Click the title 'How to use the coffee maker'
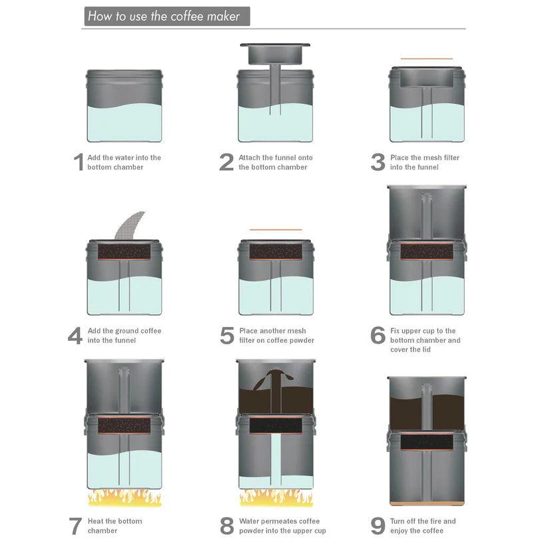tap(164, 16)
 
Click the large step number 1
tap(79, 162)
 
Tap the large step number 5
tap(227, 335)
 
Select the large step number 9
tap(378, 525)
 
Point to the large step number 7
tap(75, 526)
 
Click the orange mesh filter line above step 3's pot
tap(426, 59)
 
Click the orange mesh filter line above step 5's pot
tap(276, 230)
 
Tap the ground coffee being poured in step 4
tap(130, 225)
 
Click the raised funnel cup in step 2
tap(275, 55)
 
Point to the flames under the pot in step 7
tap(125, 497)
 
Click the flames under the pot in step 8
tap(276, 497)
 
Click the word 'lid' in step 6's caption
tap(425, 350)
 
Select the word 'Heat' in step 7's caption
tap(96, 521)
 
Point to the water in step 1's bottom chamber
tap(125, 123)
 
